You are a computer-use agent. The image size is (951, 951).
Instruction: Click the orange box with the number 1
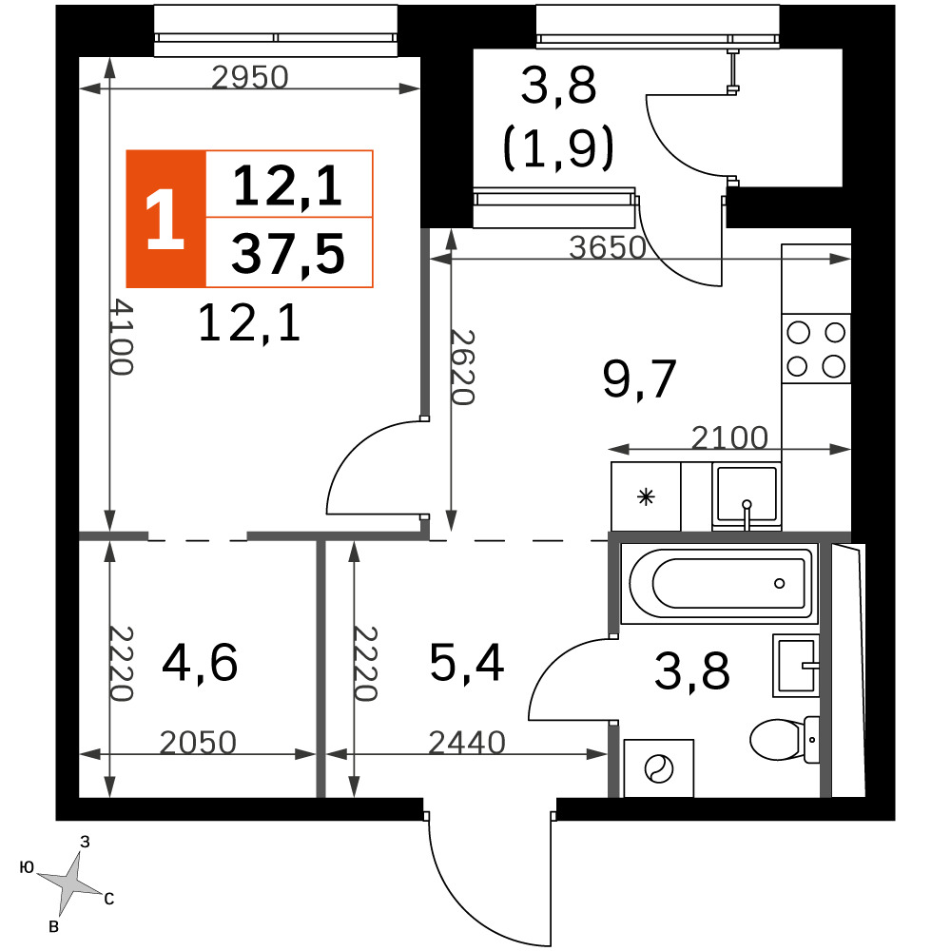point(165,219)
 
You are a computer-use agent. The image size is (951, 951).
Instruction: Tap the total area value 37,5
point(288,254)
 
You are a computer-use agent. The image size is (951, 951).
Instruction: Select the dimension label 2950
point(250,78)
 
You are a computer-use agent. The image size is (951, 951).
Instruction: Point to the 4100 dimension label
point(121,338)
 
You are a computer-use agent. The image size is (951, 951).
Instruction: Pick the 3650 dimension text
point(608,247)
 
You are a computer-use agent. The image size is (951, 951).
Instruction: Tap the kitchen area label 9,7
point(639,378)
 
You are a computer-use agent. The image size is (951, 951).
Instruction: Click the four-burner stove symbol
point(816,349)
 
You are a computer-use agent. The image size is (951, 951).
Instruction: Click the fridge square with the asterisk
point(646,496)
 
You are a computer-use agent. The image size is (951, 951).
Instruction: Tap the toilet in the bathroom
point(785,739)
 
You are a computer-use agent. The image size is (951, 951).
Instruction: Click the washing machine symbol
point(659,768)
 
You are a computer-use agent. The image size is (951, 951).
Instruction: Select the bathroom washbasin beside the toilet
point(796,666)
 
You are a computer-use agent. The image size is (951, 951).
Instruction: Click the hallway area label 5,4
point(467,664)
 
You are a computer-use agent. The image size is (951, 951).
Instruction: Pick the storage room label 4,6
point(200,664)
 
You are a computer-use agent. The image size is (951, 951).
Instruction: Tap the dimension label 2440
point(467,743)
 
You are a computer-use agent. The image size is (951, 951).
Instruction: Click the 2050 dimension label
point(198,743)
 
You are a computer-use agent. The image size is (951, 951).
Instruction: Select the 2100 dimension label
point(729,437)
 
